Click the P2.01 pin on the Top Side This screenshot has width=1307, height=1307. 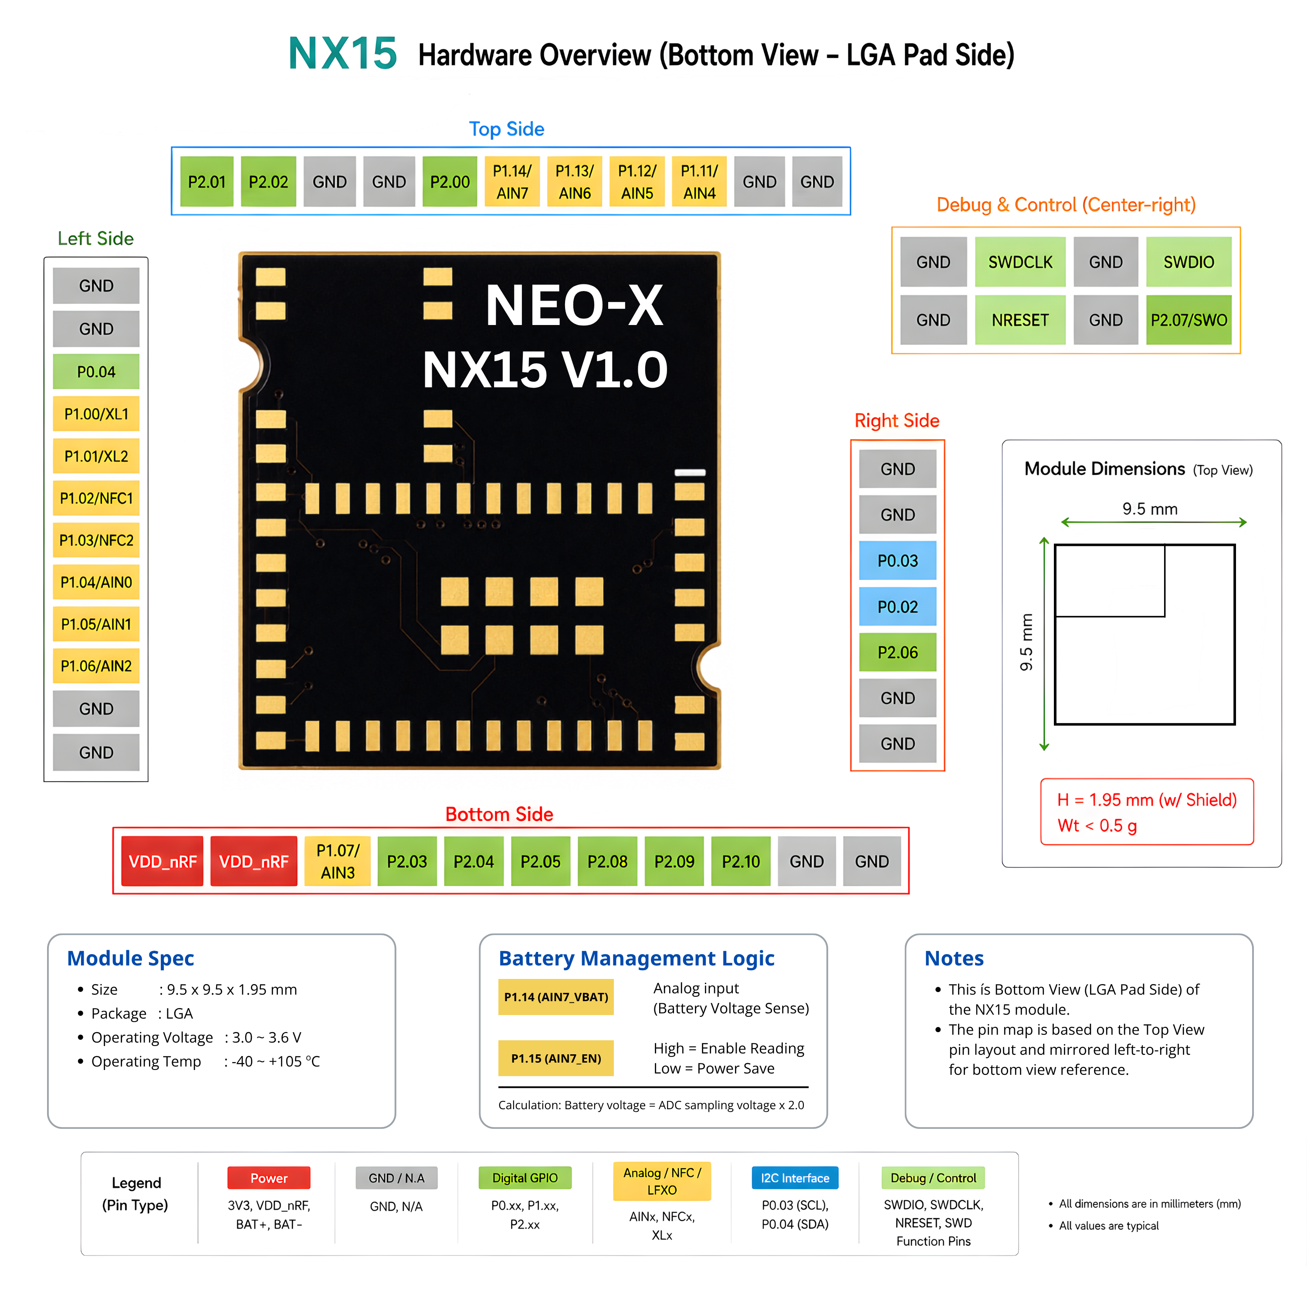[207, 181]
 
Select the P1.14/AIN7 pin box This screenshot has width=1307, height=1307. [512, 181]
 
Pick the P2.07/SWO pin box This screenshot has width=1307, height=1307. [1188, 320]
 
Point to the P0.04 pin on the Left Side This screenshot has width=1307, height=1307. [96, 371]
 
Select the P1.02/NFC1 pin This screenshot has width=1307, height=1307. [96, 498]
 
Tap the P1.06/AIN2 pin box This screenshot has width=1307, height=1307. [96, 666]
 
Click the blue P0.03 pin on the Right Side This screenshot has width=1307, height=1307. [898, 560]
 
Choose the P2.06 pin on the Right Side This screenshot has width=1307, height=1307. [898, 652]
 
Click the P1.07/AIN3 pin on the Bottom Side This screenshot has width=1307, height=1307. [338, 861]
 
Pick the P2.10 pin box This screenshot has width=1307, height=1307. [741, 861]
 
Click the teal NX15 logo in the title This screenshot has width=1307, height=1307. [342, 54]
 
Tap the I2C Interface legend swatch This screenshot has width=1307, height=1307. [795, 1178]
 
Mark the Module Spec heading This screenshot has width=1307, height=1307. [131, 958]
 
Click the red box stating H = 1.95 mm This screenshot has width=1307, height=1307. [1147, 812]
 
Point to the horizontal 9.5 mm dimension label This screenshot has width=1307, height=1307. [1150, 509]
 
